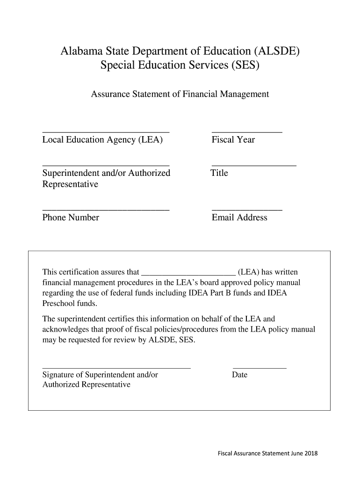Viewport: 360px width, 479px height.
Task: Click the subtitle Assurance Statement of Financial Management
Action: (x=180, y=94)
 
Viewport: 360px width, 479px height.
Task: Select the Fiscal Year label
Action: (x=233, y=140)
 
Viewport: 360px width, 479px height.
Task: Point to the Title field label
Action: (x=219, y=173)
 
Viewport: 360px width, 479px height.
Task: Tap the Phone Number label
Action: (x=71, y=218)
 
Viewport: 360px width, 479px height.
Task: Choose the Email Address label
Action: (x=239, y=218)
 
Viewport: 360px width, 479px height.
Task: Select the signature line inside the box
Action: (x=116, y=368)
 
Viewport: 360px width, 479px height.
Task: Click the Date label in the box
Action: (x=239, y=375)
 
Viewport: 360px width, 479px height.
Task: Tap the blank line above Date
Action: (x=259, y=368)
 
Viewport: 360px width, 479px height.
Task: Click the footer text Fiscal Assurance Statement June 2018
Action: (x=267, y=453)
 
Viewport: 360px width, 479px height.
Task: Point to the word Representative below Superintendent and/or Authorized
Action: (x=70, y=184)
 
